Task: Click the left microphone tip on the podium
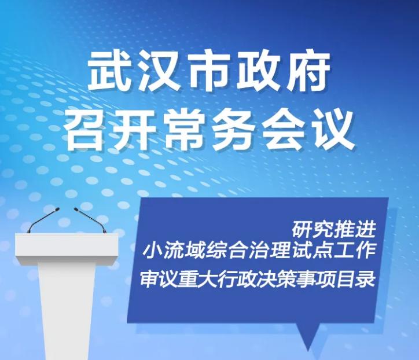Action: [x=57, y=210]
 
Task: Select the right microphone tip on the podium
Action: [x=76, y=210]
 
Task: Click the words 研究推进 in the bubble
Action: [x=334, y=229]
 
